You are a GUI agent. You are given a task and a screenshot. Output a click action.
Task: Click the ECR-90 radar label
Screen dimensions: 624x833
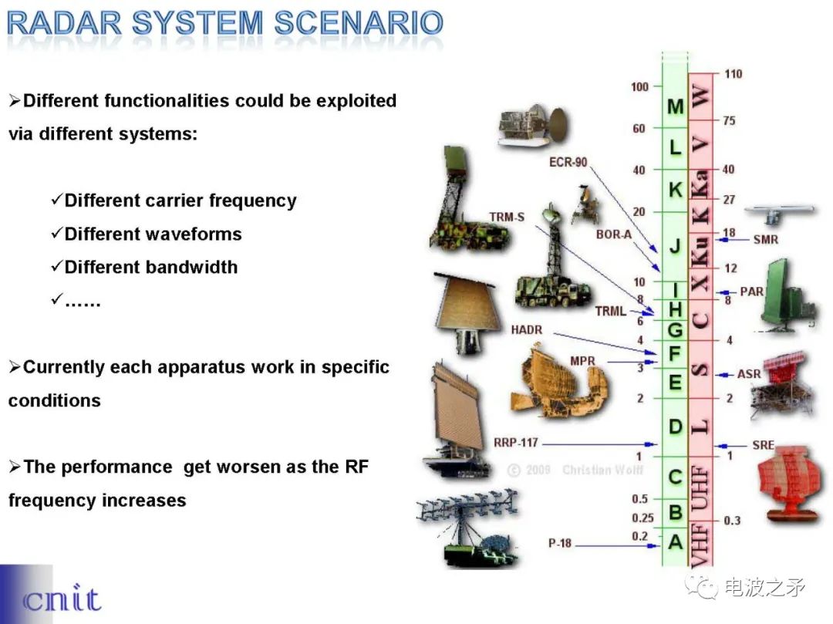[x=568, y=163]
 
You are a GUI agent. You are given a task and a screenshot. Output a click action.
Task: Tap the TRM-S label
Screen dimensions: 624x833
[x=506, y=218]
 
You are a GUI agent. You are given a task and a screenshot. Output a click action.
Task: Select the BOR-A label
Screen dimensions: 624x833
[x=613, y=234]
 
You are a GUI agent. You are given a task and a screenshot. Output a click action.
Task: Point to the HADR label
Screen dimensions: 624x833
[x=527, y=330]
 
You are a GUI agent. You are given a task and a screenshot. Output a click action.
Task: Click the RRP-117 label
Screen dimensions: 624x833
[x=516, y=444]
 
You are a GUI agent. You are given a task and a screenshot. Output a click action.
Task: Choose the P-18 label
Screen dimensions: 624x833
[x=560, y=543]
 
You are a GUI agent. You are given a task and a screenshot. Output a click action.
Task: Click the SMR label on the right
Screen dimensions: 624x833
[x=765, y=240]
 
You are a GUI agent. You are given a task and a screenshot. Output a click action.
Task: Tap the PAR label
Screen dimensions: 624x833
[x=751, y=292]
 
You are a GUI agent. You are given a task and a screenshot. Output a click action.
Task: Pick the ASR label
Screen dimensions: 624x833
[x=749, y=374]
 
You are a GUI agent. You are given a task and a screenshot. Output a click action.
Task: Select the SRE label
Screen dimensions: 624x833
[x=763, y=446]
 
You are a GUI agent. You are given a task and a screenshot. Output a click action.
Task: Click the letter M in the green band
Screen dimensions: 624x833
[x=676, y=106]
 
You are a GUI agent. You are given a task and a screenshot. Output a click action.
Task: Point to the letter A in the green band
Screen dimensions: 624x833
[x=676, y=542]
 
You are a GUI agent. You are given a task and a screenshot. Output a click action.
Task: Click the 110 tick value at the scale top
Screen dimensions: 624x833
[x=733, y=74]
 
